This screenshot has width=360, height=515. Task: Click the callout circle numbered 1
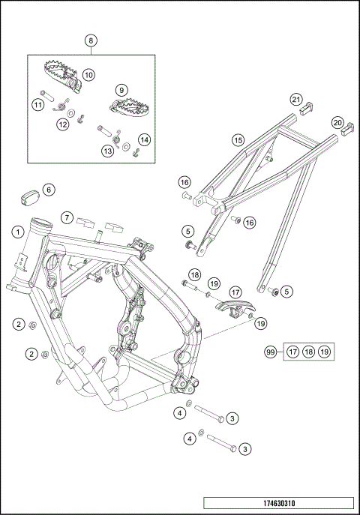16,232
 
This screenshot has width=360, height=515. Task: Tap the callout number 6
48,190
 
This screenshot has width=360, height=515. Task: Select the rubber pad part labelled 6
30,196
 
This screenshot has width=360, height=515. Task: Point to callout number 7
66,218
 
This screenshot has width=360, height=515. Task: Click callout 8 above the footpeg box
91,40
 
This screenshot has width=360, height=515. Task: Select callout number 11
37,106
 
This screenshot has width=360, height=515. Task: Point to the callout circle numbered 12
62,124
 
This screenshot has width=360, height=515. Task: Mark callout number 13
108,151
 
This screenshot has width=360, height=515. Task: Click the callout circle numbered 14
144,139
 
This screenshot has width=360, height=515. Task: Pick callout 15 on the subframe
237,139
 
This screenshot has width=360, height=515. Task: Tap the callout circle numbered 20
337,122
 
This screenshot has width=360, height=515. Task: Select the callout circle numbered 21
296,100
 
